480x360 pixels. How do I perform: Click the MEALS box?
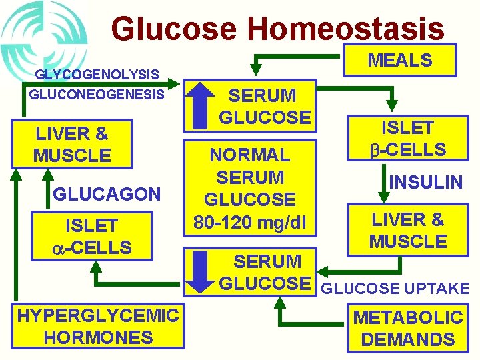[x=400, y=61]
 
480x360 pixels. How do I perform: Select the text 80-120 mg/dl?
[x=249, y=221]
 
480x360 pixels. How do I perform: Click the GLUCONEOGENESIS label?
[x=97, y=95]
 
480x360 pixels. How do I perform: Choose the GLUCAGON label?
[x=107, y=194]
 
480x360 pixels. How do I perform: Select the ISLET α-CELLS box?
[x=92, y=237]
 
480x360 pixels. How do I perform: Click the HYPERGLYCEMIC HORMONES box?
[x=97, y=326]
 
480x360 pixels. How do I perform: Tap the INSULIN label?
[x=425, y=182]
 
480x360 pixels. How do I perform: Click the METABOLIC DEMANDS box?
[x=408, y=328]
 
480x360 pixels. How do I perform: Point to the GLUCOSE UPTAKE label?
[x=396, y=289]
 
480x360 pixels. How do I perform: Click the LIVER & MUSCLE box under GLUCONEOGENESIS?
[x=73, y=145]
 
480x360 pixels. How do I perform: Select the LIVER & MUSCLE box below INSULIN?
[x=408, y=230]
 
